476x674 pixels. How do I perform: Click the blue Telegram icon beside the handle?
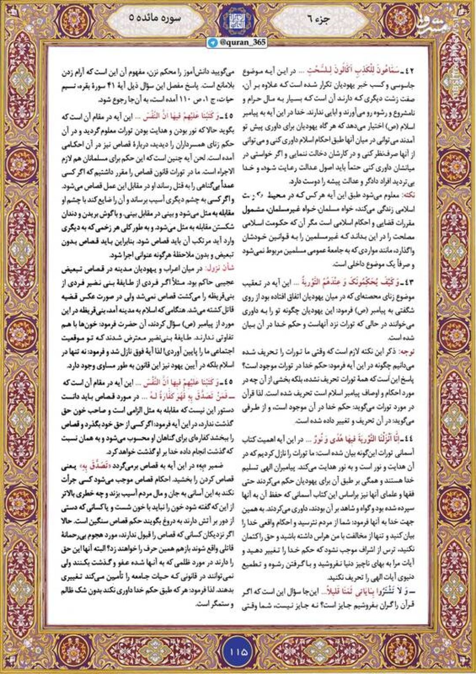(213, 42)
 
